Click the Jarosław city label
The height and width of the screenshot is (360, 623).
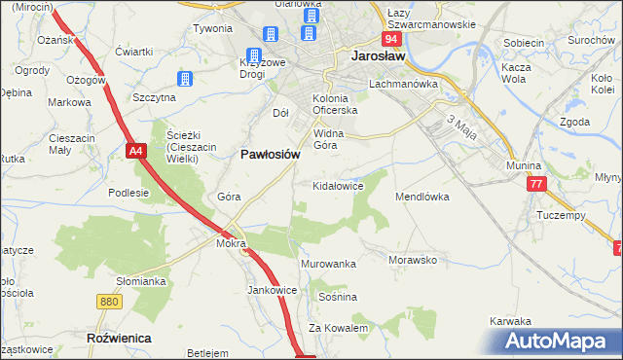pyautogui.click(x=378, y=57)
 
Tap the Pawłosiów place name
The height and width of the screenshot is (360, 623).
pyautogui.click(x=269, y=154)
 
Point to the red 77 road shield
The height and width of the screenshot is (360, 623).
pyautogui.click(x=536, y=183)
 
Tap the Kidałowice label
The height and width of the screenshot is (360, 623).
pyautogui.click(x=337, y=185)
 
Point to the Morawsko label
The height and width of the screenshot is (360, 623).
pyautogui.click(x=412, y=261)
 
